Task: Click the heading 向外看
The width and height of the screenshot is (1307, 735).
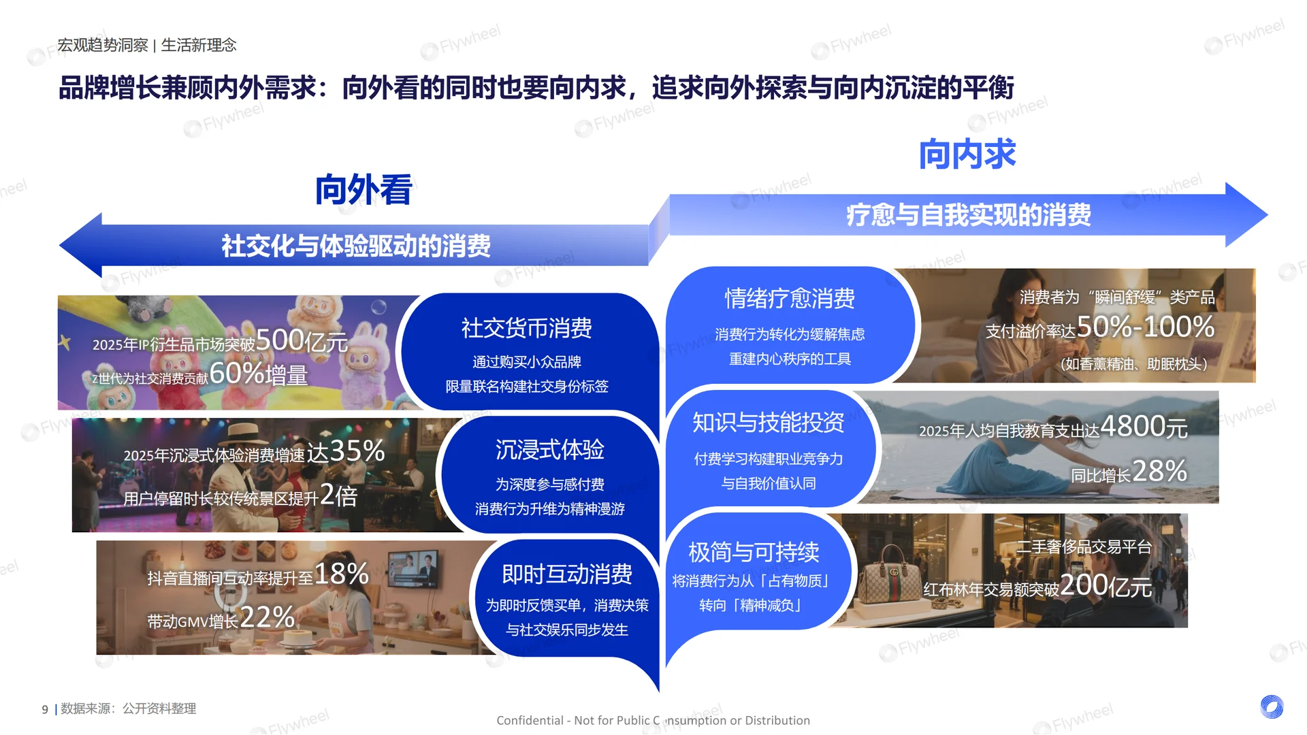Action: pos(364,190)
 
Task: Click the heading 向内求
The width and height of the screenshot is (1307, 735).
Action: pos(967,154)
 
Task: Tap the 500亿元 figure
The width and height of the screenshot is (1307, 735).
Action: pos(302,340)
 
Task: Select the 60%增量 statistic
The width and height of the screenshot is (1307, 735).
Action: pos(259,374)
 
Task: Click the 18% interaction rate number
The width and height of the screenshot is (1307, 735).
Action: pos(341,574)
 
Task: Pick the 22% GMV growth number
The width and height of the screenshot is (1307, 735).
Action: pos(267,617)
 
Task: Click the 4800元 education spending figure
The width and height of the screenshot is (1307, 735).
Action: pos(1144,427)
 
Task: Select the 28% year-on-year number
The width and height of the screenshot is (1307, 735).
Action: pos(1159,471)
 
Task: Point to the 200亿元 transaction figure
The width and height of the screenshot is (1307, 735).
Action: pos(1106,585)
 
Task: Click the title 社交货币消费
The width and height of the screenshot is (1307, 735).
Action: pos(526,328)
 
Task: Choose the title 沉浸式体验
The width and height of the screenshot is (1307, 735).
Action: pos(549,450)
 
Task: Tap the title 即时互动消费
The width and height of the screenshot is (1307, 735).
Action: pos(566,574)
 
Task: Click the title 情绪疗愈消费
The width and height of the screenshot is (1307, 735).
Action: pos(790,298)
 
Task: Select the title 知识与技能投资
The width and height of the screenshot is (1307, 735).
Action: pos(768,423)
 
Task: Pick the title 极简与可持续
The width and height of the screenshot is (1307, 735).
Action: pos(754,552)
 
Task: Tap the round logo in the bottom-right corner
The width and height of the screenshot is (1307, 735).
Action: pos(1271,706)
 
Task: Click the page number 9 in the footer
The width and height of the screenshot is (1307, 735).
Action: pos(45,709)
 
